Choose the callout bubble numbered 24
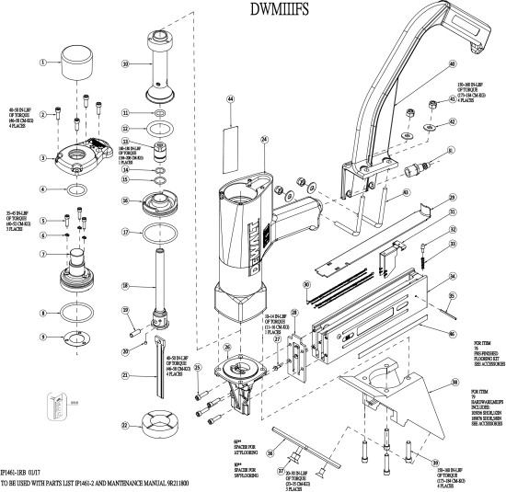[x=264, y=139]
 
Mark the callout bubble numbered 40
[x=452, y=64]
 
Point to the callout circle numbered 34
[x=452, y=276]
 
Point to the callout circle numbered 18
[x=126, y=287]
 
